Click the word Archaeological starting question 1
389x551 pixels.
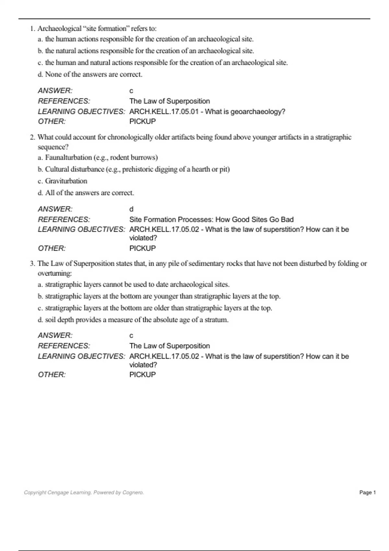click(x=59, y=29)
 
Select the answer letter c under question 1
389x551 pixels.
click(x=131, y=91)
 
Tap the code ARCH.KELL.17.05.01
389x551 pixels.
click(x=164, y=111)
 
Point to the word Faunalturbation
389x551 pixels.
click(x=68, y=158)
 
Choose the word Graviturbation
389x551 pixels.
click(x=66, y=181)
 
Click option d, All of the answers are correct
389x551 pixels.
click(x=86, y=193)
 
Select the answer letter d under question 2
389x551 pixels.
click(x=131, y=209)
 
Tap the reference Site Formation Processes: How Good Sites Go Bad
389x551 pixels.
click(x=211, y=219)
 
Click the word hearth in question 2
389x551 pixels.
click(x=201, y=169)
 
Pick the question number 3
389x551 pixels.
click(x=32, y=264)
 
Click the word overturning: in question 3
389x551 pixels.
click(x=54, y=273)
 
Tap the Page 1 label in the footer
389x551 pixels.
click(x=368, y=492)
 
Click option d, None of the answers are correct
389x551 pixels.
click(x=90, y=75)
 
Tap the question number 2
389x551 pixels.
click(x=32, y=137)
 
